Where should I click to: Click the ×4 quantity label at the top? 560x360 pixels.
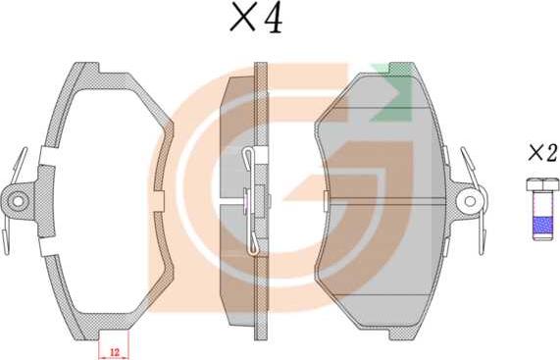click(256, 17)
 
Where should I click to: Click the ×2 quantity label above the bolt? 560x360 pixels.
click(542, 153)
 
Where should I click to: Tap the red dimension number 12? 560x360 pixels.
click(115, 352)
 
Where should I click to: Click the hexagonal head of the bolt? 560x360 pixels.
click(543, 184)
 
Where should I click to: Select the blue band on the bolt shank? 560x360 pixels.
click(543, 224)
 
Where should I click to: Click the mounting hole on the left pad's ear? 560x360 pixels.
click(18, 200)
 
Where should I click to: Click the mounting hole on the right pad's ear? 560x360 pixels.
click(470, 201)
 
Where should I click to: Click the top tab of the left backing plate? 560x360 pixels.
click(86, 69)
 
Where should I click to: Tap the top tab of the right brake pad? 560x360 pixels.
click(402, 69)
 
